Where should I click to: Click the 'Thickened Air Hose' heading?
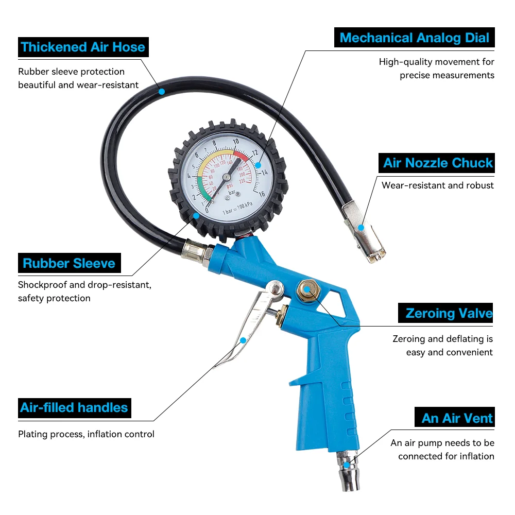[x=83, y=47]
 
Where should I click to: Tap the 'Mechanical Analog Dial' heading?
[x=415, y=38]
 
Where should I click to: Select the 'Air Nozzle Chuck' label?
[x=437, y=163]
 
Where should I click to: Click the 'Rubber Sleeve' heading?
[x=69, y=264]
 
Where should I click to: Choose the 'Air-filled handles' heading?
[x=74, y=408]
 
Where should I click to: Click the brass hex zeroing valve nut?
[x=306, y=289]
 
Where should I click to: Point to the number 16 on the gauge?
[x=261, y=194]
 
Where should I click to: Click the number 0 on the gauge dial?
[x=207, y=210]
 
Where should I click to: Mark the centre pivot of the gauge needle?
[x=227, y=177]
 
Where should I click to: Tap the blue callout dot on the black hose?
[x=161, y=92]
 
